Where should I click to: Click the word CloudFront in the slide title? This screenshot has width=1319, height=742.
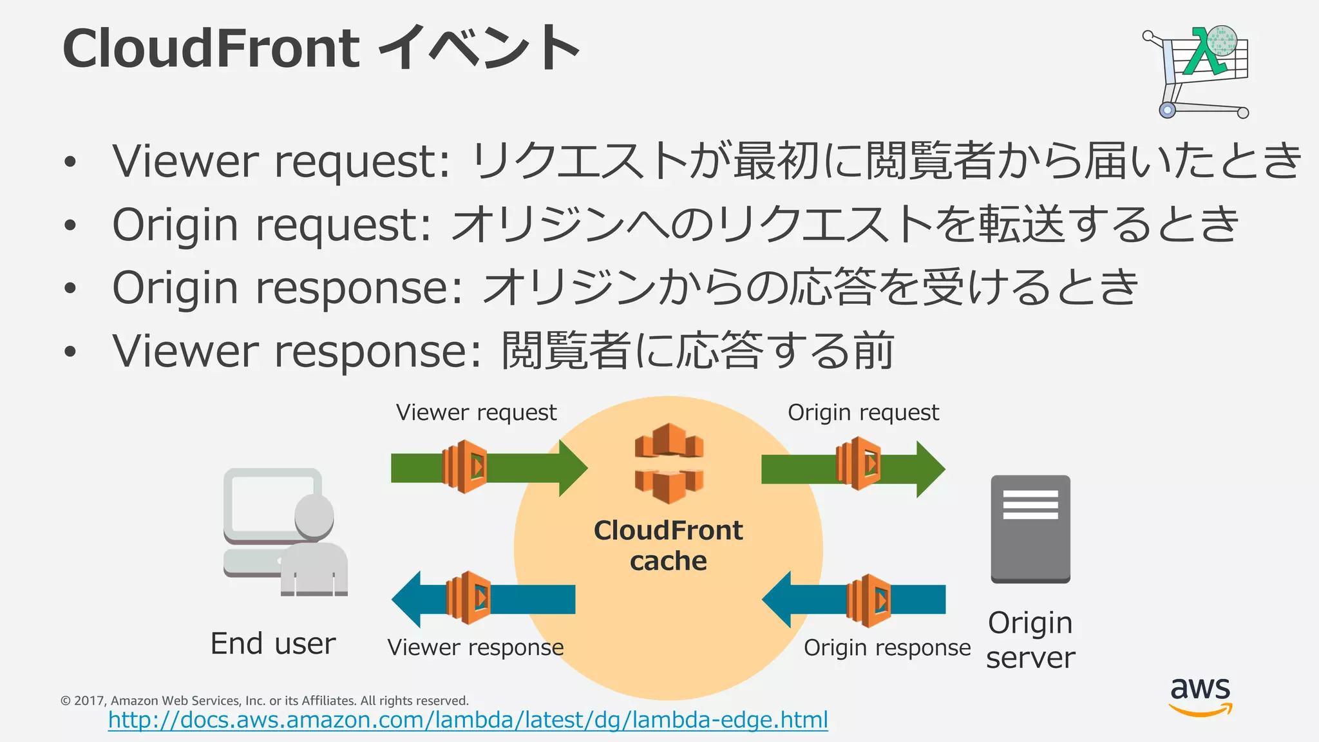(211, 48)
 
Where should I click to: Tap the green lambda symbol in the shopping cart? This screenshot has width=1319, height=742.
(1203, 53)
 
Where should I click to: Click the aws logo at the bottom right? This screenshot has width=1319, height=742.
(1200, 696)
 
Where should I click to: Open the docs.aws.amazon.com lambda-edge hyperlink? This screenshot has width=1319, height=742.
(468, 719)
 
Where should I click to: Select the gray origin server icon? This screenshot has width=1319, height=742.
(1030, 529)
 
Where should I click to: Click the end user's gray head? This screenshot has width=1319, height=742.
(314, 515)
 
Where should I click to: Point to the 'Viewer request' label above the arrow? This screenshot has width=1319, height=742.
(476, 412)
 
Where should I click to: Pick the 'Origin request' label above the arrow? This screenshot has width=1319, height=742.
(863, 412)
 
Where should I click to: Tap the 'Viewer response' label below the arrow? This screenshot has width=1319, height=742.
(475, 647)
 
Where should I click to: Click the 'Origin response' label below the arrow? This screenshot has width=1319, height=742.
(887, 647)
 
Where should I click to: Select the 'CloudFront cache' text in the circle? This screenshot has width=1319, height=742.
(668, 546)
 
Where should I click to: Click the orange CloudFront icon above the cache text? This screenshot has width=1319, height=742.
(669, 462)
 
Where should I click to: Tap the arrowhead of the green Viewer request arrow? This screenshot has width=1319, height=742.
(572, 468)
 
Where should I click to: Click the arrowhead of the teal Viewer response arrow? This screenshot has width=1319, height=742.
(407, 599)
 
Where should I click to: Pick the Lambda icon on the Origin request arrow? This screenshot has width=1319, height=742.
(859, 463)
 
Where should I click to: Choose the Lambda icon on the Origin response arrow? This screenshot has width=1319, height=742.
(869, 600)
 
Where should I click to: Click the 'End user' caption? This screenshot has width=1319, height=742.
(273, 643)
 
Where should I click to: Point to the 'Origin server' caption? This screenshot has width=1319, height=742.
(1030, 640)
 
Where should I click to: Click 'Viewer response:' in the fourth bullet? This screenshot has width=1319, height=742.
(296, 351)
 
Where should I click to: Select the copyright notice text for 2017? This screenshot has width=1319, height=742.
(264, 700)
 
